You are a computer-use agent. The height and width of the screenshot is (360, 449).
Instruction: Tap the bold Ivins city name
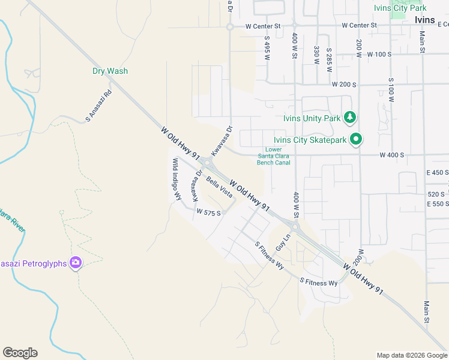429,19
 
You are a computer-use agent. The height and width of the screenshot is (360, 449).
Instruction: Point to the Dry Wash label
110,71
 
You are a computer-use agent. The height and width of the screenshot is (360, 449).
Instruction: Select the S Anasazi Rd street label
99,106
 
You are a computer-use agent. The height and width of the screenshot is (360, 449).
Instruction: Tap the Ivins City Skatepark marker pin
356,140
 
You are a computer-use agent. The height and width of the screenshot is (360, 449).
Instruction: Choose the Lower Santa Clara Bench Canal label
273,156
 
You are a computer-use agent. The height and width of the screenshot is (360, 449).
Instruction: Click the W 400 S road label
391,155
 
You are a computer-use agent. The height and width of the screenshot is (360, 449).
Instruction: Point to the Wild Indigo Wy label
177,179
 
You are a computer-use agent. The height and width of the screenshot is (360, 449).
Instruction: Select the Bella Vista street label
219,187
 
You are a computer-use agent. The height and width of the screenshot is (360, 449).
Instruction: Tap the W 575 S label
209,212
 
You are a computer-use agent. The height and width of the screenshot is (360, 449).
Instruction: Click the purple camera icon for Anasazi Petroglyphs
76,262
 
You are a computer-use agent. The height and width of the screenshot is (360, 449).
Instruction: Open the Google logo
20,353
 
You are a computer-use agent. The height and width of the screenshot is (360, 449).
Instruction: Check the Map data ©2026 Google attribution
411,355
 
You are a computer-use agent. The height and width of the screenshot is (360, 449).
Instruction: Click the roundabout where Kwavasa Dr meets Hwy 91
207,162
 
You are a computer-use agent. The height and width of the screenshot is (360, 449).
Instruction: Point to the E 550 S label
438,204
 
